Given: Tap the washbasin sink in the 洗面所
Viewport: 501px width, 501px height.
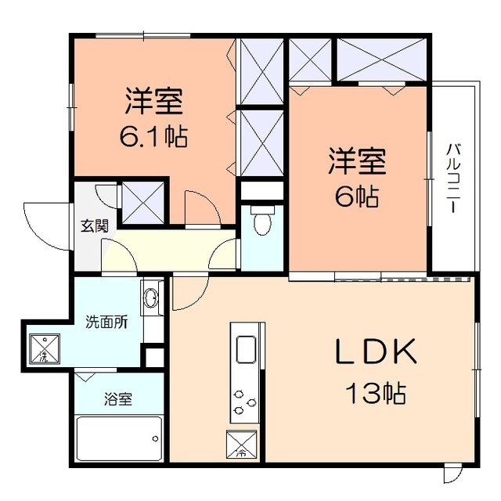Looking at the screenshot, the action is tap(151, 298).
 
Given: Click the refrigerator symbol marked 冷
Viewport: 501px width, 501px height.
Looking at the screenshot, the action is tap(242, 444).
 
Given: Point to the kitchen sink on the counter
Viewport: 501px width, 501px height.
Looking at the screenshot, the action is tap(246, 349).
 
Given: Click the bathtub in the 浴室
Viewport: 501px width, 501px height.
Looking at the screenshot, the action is tap(119, 438).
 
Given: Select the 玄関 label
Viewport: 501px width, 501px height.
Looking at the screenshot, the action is tap(94, 226).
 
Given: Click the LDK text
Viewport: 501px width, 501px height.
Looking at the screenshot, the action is tap(376, 351).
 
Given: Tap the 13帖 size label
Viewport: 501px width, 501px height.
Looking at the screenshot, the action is tap(376, 393).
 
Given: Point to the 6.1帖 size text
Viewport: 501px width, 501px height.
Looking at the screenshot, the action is tap(153, 136).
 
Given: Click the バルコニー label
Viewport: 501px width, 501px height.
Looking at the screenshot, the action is tap(454, 178).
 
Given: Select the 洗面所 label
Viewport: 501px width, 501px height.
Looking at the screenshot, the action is tap(106, 322).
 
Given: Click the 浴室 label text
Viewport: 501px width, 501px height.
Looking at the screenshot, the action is tap(118, 399).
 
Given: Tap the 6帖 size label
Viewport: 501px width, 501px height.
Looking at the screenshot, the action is tap(357, 196).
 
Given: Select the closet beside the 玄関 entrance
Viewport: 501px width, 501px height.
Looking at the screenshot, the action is tap(143, 204).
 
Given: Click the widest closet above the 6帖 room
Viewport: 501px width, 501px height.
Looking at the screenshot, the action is tap(382, 59).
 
